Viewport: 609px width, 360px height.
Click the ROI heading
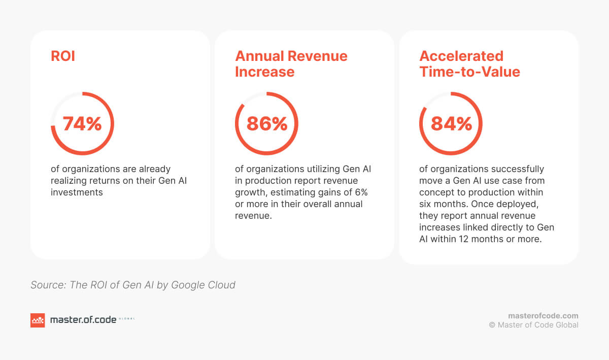63,56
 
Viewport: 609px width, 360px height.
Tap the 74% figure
82,124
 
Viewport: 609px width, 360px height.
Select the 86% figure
266,124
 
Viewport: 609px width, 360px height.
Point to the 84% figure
451,124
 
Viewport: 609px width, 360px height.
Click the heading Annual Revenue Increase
291,64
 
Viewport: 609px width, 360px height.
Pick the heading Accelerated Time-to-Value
469,64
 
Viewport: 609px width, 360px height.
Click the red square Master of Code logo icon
38,320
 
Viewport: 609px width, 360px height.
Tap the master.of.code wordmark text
83,320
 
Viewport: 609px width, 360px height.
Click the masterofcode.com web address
543,316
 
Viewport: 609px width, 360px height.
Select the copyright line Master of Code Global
533,325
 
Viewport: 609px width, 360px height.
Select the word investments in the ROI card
77,192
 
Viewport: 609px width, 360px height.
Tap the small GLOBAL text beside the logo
126,319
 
